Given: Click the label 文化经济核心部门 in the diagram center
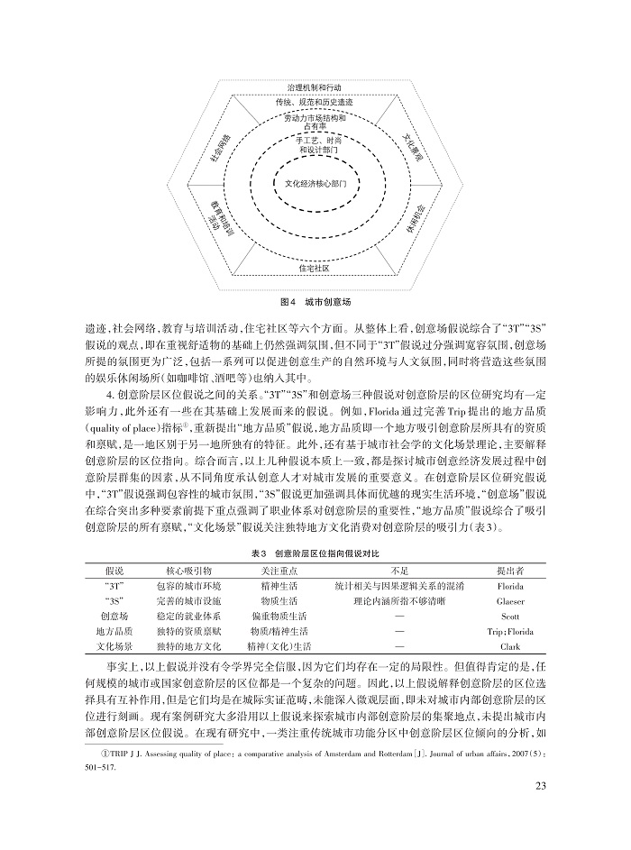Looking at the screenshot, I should [x=315, y=183].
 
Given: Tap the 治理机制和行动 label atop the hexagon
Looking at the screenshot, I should [x=315, y=87].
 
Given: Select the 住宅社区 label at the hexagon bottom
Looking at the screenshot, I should [x=315, y=269].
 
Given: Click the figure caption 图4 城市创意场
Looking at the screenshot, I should [x=315, y=299].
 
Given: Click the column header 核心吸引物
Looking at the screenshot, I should [x=189, y=571].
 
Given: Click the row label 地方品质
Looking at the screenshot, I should [x=114, y=631].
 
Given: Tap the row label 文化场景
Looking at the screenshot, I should [x=114, y=646].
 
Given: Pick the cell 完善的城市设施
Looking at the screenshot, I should [x=189, y=600].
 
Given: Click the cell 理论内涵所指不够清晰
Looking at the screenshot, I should [x=399, y=600].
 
